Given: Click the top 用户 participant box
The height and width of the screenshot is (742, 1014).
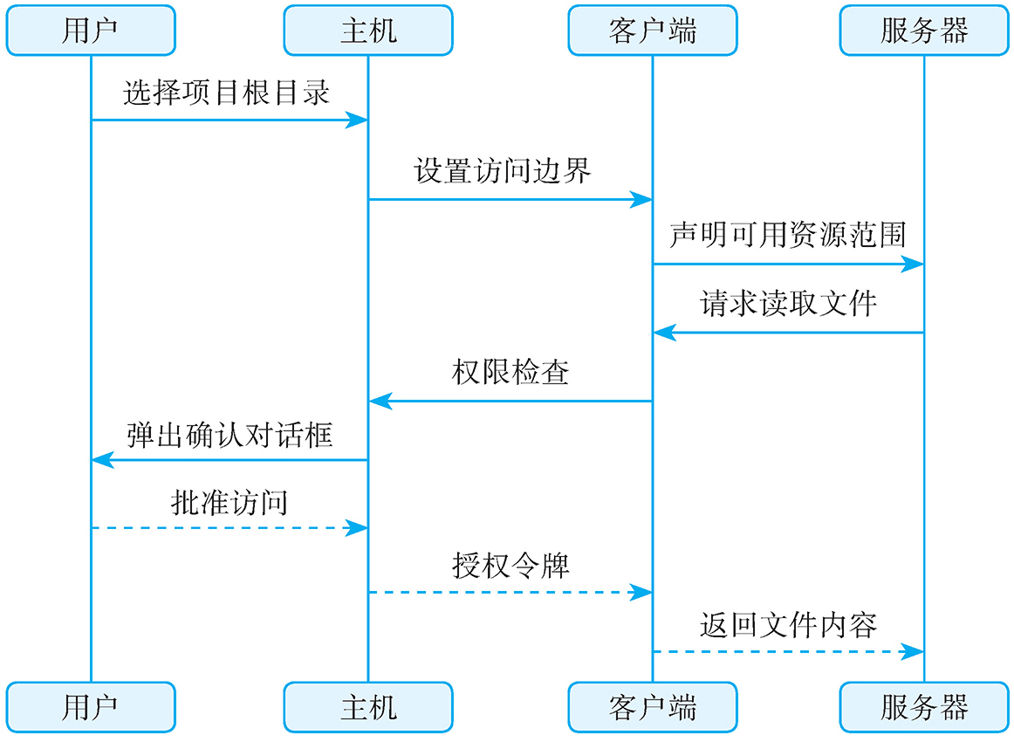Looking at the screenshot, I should coord(91,31).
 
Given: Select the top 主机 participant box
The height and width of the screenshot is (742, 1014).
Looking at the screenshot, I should coord(367,31).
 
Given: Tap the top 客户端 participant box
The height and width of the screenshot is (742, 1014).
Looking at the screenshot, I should coord(652,31).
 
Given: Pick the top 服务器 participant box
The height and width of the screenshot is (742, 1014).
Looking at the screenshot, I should coord(924,31).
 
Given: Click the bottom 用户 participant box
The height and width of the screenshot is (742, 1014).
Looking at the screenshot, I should coord(91,706).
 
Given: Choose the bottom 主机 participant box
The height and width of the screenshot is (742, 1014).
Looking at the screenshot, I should coord(367,706).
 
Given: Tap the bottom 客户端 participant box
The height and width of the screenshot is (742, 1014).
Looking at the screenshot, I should coord(652,706).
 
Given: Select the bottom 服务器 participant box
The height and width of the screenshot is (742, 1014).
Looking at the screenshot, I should coord(924,706).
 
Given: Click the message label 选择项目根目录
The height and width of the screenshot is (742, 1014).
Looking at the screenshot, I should coord(227,93).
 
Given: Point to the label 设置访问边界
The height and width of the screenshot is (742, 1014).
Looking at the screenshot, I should coord(503,170).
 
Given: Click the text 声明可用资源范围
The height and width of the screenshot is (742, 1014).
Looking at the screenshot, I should coord(787,235).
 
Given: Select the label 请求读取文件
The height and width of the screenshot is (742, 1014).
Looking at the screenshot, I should coord(787,304).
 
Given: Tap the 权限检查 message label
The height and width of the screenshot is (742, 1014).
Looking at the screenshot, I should coord(510,372).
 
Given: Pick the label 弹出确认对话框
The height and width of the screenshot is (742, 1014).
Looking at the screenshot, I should coord(230,434).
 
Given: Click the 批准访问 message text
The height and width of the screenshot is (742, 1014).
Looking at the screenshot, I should coord(230,503).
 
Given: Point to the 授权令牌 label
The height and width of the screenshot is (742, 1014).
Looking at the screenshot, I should coord(510,566).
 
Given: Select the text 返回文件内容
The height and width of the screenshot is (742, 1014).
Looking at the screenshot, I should coord(787,625).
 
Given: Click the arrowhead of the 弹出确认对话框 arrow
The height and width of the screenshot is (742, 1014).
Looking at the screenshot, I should coord(101,459).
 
